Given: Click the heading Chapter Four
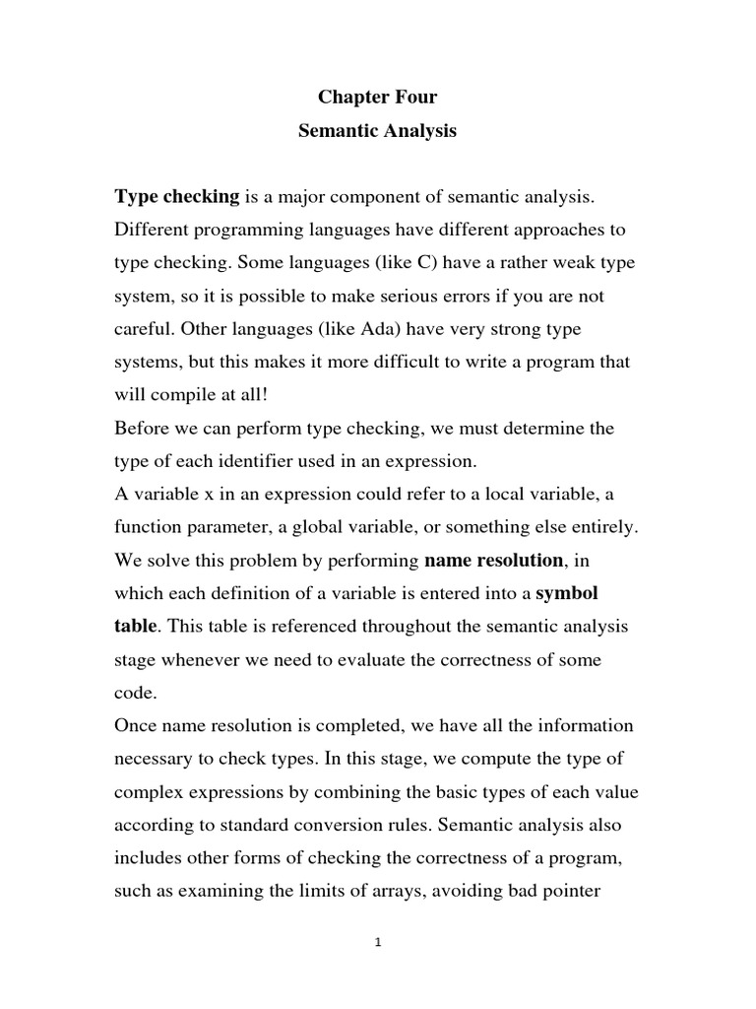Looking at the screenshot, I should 377,98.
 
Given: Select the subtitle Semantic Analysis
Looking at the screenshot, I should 377,131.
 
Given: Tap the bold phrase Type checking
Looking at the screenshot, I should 177,197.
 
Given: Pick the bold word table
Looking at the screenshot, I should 136,627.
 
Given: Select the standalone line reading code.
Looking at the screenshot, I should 134,693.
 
